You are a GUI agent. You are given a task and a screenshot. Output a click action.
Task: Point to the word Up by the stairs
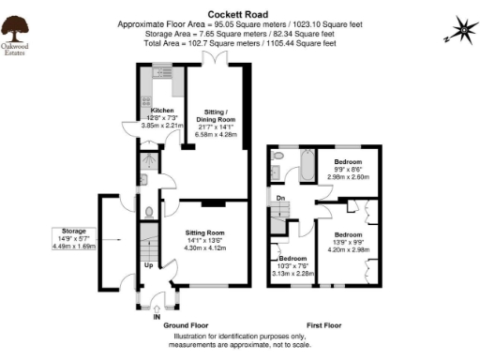148,265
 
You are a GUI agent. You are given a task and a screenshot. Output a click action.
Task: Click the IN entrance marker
157,316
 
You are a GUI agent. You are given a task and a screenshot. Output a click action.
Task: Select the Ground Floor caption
186,324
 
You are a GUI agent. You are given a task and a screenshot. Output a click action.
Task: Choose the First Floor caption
324,324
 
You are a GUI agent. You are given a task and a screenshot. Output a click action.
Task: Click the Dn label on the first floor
279,199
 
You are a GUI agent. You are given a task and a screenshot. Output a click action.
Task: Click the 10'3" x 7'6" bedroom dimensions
292,266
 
